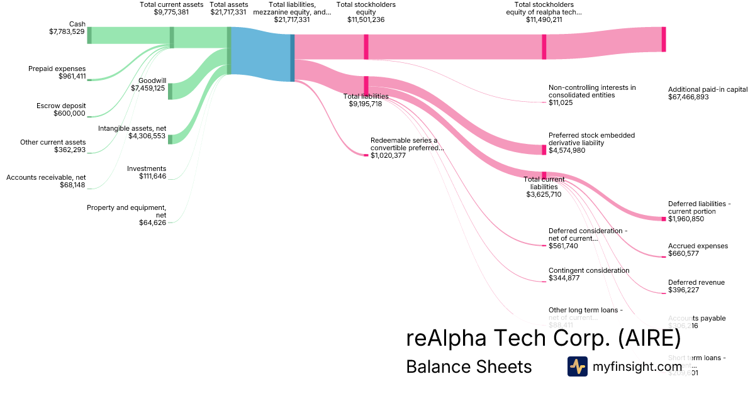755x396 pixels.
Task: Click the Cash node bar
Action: [89, 35]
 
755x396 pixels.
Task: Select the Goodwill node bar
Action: [170, 91]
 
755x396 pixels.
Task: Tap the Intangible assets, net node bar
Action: [170, 139]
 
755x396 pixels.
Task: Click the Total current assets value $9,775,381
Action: [171, 12]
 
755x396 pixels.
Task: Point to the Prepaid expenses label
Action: [57, 69]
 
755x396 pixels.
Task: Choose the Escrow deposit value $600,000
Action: [69, 113]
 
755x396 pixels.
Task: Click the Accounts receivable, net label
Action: [46, 177]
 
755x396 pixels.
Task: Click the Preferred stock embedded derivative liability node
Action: [544, 150]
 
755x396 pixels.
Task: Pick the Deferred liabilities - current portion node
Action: [664, 219]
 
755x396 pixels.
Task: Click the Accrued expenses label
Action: [698, 246]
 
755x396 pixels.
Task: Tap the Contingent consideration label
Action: [589, 270]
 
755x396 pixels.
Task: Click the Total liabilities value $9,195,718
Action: [366, 104]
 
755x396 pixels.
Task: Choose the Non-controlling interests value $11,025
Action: [561, 102]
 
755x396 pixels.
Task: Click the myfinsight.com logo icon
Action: [577, 366]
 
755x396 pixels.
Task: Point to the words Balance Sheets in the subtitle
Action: [469, 366]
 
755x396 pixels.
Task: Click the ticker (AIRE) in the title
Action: [649, 338]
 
